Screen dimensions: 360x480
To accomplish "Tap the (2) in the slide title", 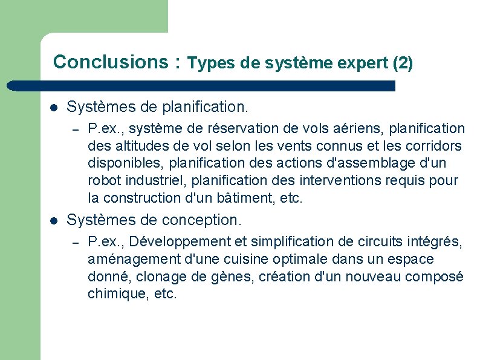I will tap(403, 63).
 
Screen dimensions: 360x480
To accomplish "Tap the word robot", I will tap(103, 181).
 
